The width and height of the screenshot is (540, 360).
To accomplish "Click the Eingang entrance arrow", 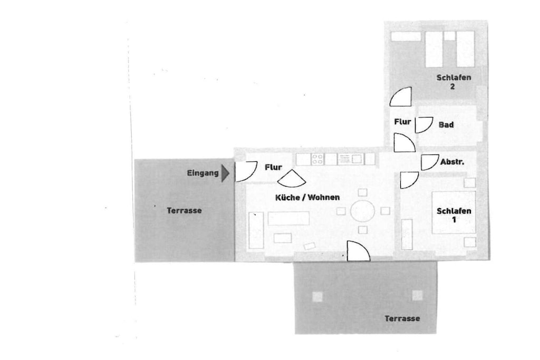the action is click(225, 173).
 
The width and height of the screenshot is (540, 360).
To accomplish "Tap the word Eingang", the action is click(202, 173).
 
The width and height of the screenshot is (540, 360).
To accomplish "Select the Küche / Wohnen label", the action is click(307, 197).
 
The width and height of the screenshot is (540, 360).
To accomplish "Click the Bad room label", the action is click(446, 124).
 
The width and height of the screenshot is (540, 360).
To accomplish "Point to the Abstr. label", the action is click(452, 161).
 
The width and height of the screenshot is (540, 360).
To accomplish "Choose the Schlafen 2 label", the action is click(454, 82).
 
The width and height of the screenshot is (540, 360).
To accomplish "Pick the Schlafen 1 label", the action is click(454, 215).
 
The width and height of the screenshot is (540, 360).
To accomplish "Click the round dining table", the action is click(363, 211).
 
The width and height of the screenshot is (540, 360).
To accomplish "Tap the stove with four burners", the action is click(317, 159).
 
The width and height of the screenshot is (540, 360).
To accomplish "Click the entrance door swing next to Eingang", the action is click(246, 171).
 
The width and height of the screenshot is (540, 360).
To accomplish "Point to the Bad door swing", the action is click(423, 125).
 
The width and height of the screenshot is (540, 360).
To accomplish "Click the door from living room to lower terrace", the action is click(358, 251).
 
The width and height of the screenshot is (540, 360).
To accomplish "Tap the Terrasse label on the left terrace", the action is click(184, 210).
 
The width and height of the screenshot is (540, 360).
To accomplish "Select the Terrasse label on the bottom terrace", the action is click(402, 318).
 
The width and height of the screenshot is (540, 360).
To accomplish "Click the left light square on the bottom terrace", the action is click(317, 297).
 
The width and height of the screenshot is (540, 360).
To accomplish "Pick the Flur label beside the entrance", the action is click(274, 167).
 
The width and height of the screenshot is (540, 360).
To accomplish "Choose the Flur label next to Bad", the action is click(402, 121).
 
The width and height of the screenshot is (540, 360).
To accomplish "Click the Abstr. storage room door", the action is click(429, 162).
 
